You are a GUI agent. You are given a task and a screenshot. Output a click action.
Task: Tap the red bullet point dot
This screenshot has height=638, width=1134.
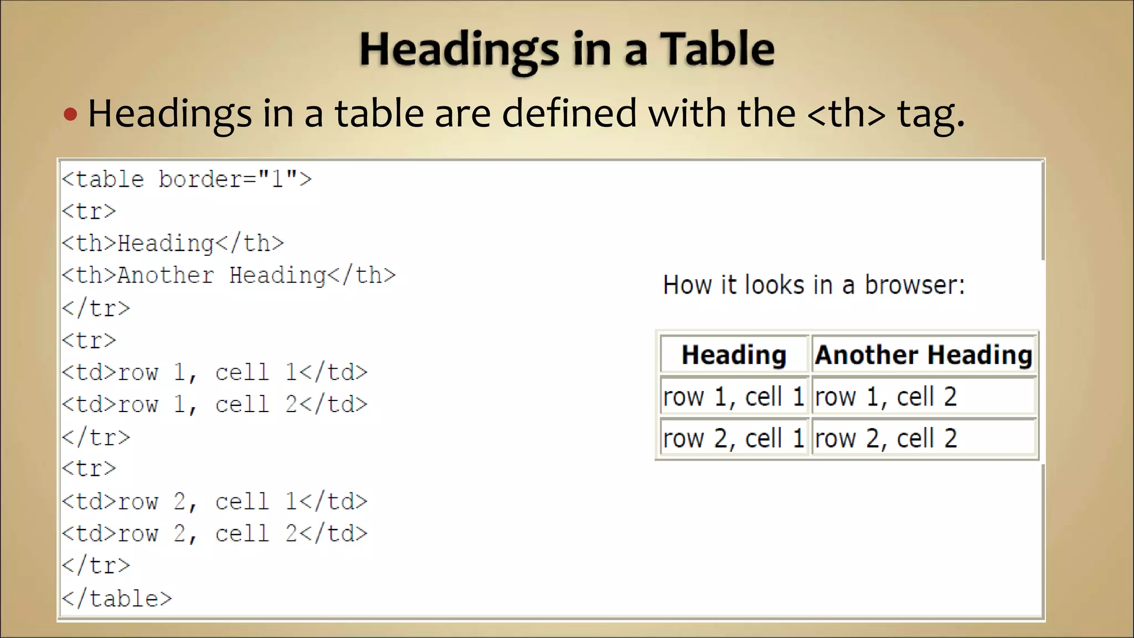(x=70, y=115)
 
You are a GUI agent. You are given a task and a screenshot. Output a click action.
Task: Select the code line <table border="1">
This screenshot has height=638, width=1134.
(x=187, y=179)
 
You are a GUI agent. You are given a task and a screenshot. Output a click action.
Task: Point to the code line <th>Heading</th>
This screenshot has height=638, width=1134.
(x=173, y=244)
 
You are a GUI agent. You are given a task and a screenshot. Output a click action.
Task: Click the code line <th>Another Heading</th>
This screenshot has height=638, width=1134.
(x=229, y=276)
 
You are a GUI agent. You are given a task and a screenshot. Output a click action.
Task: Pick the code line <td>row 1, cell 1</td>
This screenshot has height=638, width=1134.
(x=214, y=373)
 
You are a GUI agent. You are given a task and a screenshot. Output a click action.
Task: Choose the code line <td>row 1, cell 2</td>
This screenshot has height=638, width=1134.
(x=214, y=405)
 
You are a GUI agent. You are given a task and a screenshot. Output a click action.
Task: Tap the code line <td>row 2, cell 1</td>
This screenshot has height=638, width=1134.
(x=214, y=502)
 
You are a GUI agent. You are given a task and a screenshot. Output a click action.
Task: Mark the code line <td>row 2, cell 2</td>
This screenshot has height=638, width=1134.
(x=214, y=534)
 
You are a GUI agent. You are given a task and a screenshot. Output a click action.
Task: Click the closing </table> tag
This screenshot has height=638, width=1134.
(x=117, y=599)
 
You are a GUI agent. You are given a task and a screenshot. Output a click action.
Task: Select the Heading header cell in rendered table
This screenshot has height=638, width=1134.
(x=734, y=354)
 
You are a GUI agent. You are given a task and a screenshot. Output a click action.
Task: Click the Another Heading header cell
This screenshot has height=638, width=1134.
(x=924, y=354)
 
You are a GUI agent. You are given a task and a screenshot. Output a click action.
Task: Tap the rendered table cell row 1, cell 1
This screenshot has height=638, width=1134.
(x=734, y=397)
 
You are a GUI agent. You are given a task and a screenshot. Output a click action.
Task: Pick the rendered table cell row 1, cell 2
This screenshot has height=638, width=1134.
(x=924, y=397)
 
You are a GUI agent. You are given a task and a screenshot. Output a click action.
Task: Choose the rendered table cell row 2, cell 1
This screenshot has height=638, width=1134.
(x=734, y=439)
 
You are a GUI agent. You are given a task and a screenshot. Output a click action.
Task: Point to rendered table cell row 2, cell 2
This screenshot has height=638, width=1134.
(x=924, y=439)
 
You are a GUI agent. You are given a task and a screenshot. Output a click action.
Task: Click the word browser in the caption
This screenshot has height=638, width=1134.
(x=914, y=285)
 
